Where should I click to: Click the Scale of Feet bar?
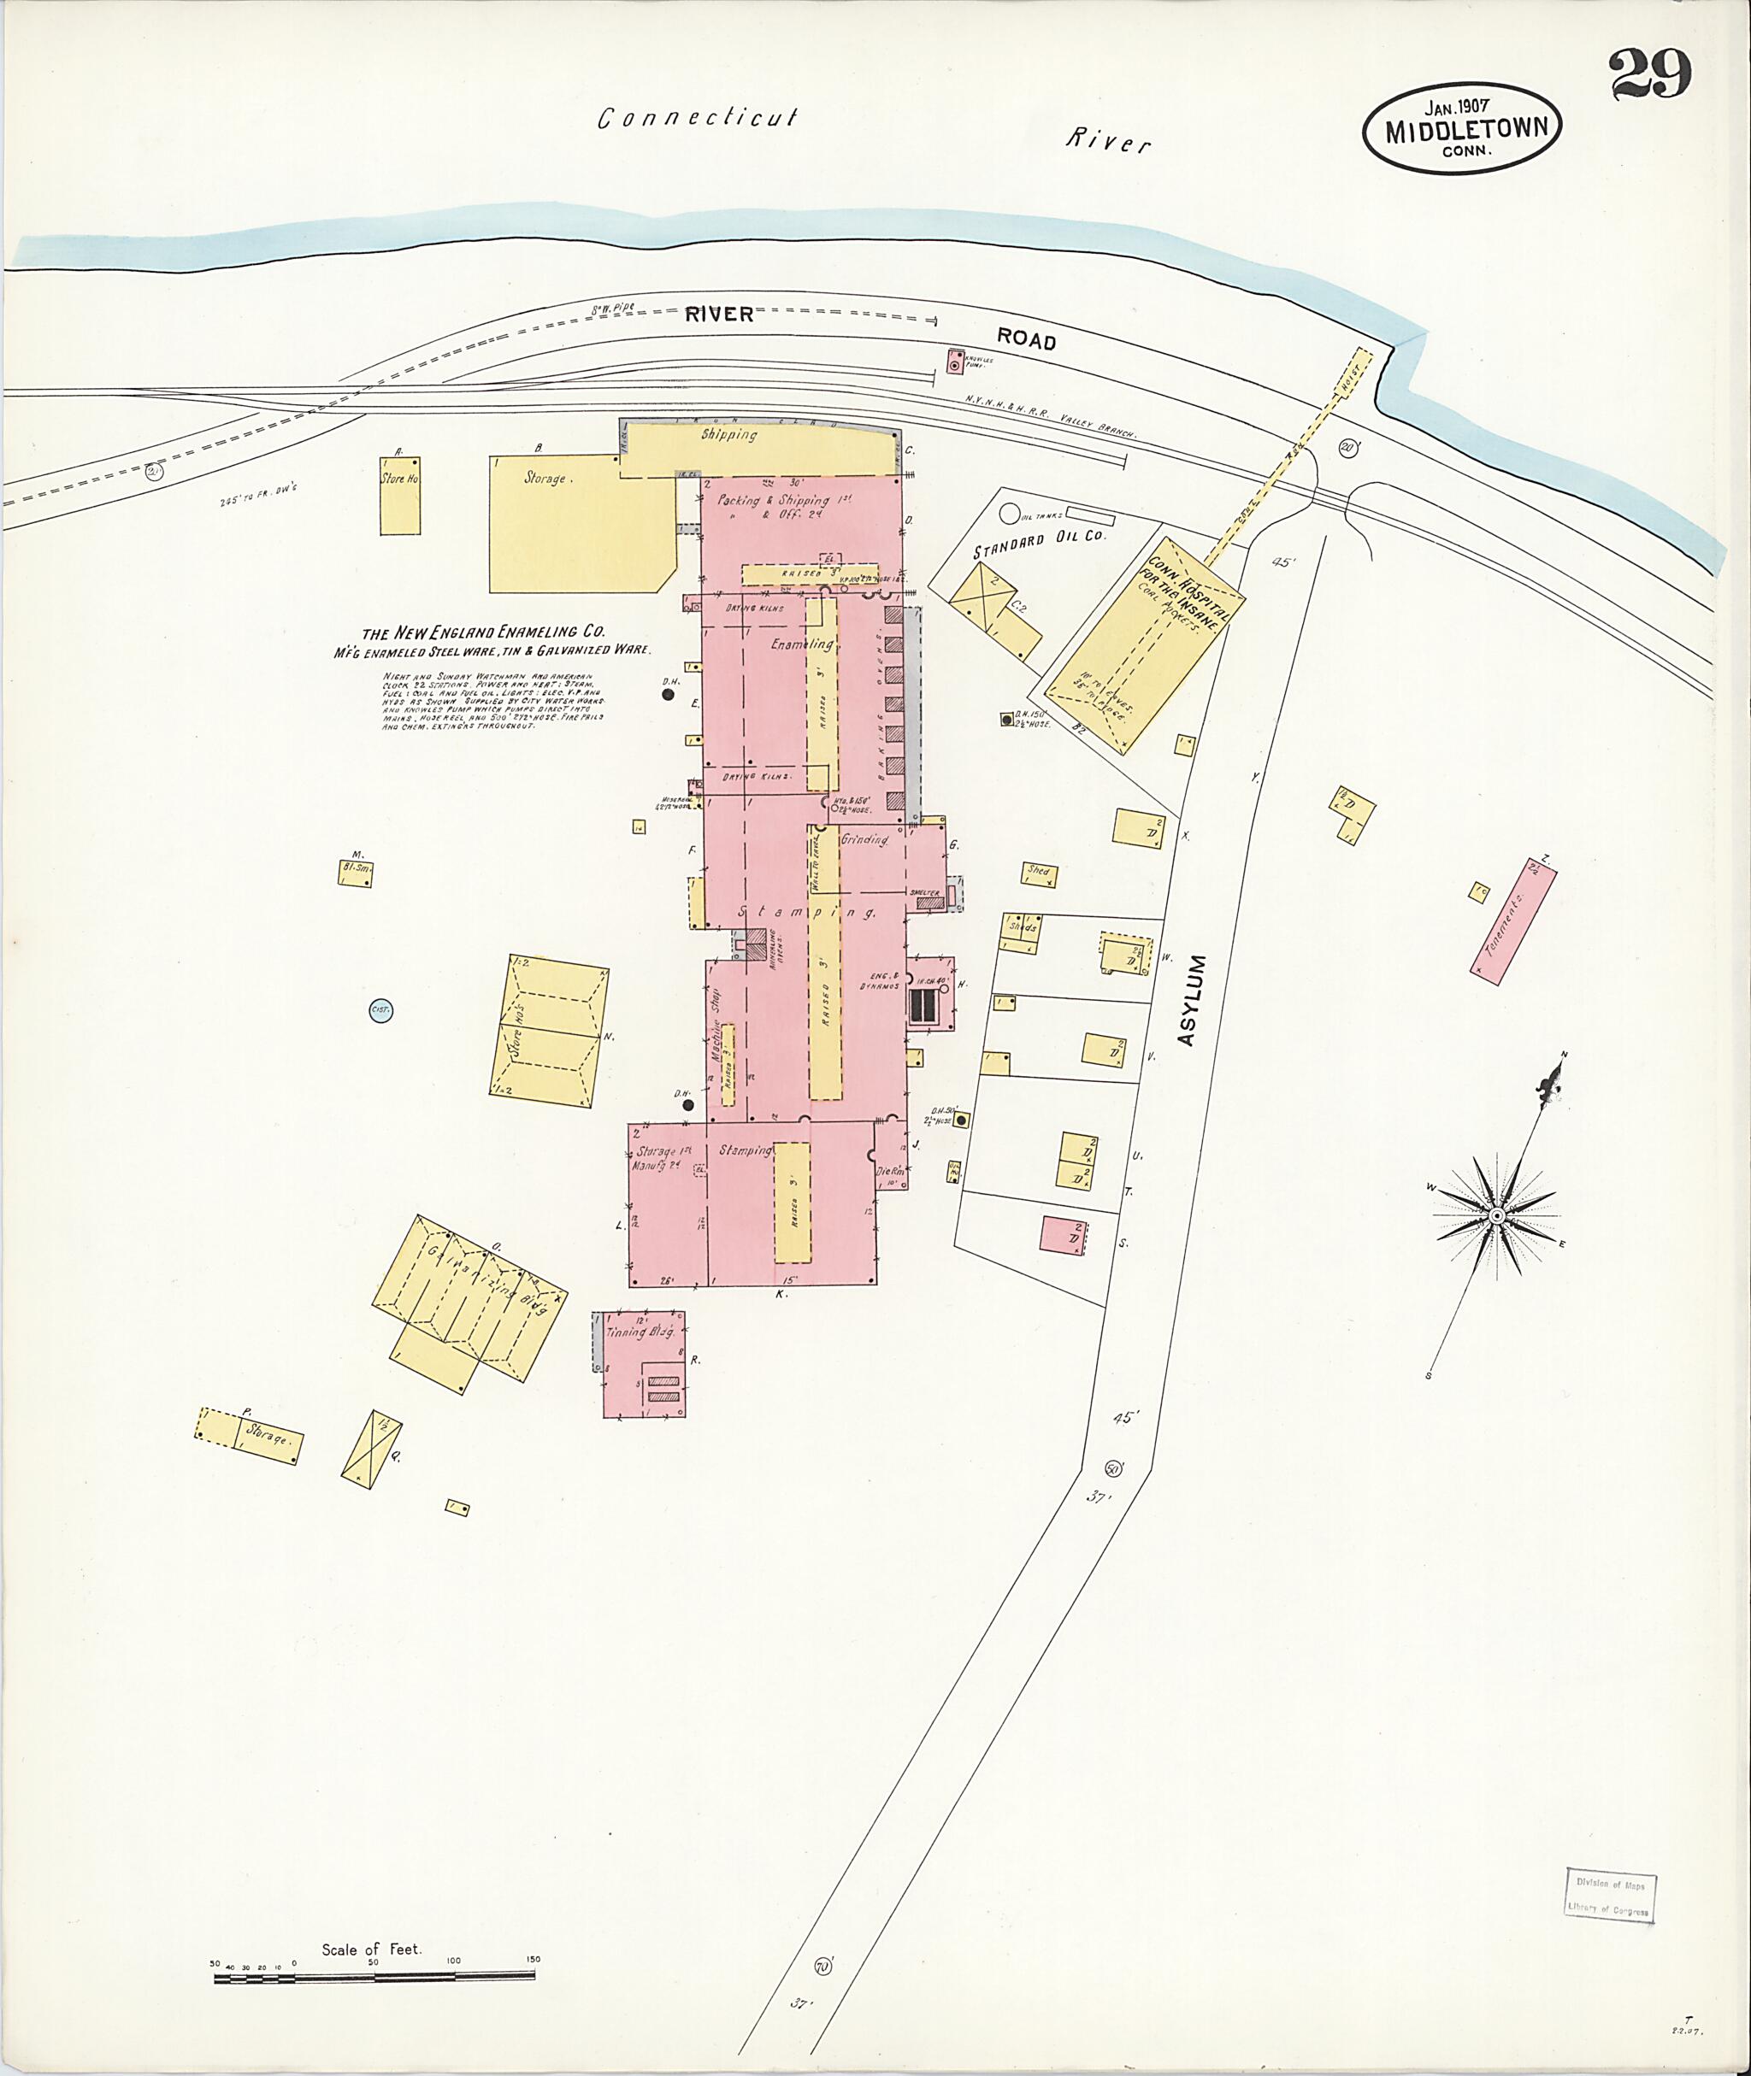[374, 1282]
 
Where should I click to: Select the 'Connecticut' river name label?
[697, 118]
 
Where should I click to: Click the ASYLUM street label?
[1195, 999]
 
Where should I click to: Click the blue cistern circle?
[381, 1011]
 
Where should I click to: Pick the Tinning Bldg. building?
[643, 1363]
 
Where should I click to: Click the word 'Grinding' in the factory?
[864, 839]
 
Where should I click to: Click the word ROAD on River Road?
[1026, 339]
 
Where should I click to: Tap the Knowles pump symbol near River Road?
[955, 364]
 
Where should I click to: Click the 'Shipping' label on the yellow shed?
[729, 435]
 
